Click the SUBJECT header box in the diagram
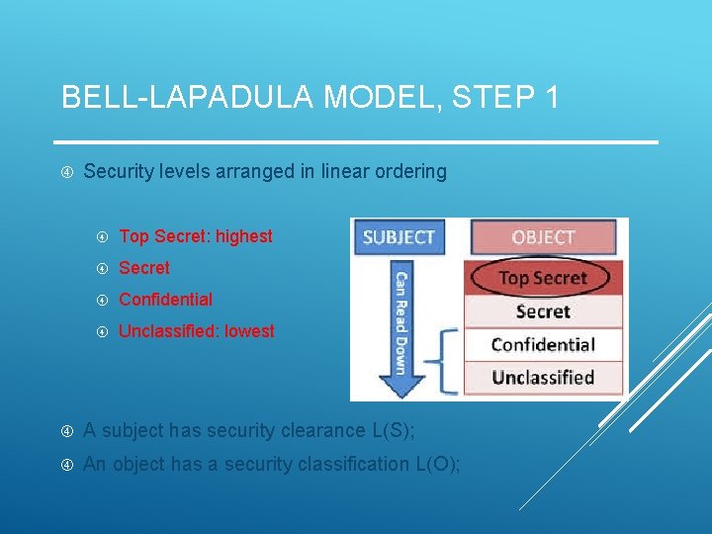[399, 237]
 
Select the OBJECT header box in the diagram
[543, 237]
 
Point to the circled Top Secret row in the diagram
[543, 278]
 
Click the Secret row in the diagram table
[543, 311]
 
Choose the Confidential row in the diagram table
[543, 344]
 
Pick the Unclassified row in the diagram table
[543, 377]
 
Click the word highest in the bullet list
[243, 236]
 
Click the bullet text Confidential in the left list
[165, 300]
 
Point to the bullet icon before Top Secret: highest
[102, 237]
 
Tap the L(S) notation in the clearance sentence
[395, 430]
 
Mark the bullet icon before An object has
[66, 465]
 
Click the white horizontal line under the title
[356, 142]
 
